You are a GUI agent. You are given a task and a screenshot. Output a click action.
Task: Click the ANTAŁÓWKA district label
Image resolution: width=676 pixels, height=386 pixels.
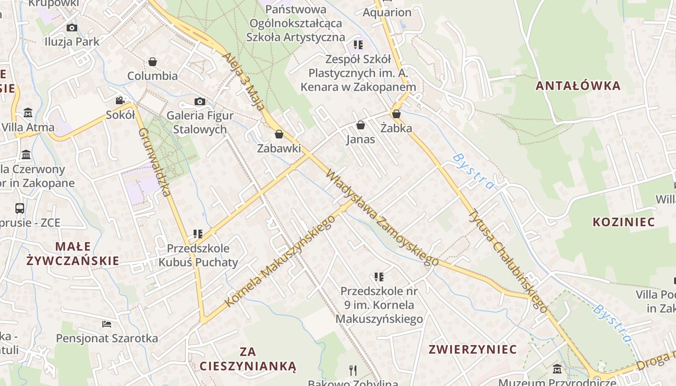click(578, 86)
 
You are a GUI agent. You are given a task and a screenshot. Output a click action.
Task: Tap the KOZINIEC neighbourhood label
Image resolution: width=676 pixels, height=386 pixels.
click(623, 222)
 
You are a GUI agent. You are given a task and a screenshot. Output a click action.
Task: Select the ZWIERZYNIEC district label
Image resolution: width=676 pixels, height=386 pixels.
click(473, 349)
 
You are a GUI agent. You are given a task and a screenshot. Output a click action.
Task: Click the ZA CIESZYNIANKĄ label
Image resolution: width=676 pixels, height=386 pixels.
click(248, 358)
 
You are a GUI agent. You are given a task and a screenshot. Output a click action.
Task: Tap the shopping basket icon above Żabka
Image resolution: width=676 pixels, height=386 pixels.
click(396, 114)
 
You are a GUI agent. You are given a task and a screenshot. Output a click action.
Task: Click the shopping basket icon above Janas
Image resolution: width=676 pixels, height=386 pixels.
click(360, 125)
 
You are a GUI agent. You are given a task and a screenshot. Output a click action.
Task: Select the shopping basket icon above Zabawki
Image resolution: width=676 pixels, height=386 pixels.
click(279, 134)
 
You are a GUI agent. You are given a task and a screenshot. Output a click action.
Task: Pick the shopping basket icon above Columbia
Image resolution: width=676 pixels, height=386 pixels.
click(153, 62)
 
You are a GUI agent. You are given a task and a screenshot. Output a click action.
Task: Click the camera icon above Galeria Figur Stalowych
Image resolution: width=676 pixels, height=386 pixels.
click(200, 101)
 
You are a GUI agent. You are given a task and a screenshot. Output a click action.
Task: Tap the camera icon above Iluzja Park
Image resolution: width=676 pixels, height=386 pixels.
click(72, 28)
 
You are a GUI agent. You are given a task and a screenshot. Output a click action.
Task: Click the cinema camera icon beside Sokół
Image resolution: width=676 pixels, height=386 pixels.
click(120, 100)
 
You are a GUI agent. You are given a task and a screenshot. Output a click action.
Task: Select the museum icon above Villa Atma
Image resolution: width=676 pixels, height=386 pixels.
click(28, 113)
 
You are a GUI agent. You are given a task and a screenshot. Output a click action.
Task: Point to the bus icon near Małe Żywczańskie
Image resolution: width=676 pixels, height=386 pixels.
click(20, 208)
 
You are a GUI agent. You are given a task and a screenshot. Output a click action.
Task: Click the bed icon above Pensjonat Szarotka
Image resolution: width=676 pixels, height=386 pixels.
click(107, 324)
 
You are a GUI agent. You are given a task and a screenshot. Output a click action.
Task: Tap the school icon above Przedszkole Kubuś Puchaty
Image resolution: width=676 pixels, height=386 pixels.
click(197, 234)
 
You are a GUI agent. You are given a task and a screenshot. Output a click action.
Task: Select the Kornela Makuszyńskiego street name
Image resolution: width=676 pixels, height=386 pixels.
click(280, 262)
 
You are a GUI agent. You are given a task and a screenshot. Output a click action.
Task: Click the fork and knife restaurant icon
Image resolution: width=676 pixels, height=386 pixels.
click(353, 371)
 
